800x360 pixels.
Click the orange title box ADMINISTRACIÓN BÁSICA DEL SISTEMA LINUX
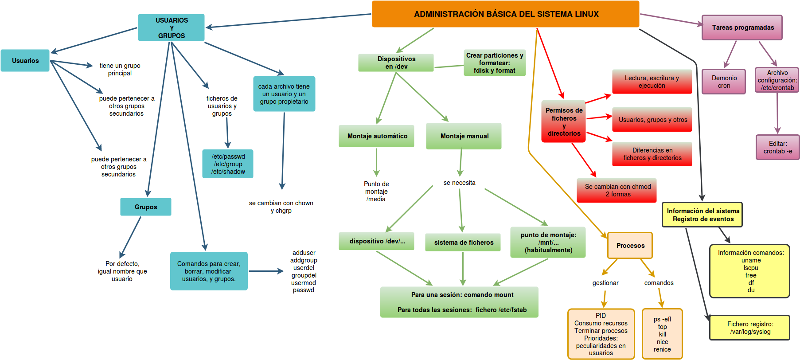(x=505, y=14)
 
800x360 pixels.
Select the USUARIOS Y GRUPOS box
(x=171, y=27)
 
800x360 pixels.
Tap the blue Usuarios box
(x=25, y=61)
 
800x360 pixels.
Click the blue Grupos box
(x=145, y=207)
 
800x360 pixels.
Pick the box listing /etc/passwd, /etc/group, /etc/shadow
(x=228, y=164)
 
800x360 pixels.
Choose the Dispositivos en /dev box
(x=396, y=63)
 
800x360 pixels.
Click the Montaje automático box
(x=377, y=136)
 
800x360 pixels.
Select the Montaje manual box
(x=464, y=136)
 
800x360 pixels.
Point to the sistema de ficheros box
(x=463, y=243)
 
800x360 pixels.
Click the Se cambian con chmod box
(x=617, y=191)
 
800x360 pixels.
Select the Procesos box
(x=630, y=246)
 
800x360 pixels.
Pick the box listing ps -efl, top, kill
(x=662, y=334)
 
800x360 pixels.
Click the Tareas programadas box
(x=742, y=27)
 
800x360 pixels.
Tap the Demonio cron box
(x=724, y=82)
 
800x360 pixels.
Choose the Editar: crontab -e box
(x=777, y=148)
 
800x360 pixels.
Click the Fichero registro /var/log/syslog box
(x=749, y=328)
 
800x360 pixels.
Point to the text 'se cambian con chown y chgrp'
(x=281, y=207)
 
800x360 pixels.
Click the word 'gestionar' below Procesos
(x=605, y=283)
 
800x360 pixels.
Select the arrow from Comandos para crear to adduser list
(x=266, y=271)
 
